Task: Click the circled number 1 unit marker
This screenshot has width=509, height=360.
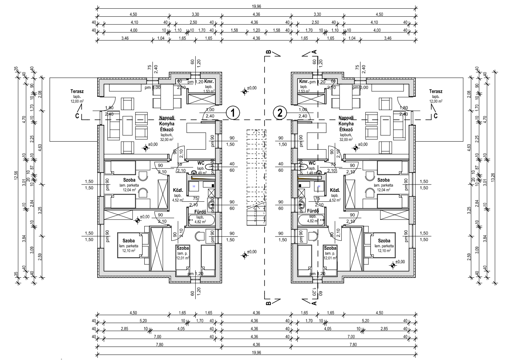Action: (233, 112)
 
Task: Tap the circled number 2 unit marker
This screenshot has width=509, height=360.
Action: (280, 112)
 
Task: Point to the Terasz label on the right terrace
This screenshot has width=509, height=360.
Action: (435, 91)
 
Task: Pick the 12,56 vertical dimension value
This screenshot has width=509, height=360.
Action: (16, 176)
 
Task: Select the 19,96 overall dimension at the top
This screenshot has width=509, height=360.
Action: (257, 6)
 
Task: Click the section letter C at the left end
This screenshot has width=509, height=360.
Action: (77, 116)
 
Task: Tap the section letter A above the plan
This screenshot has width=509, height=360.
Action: (314, 52)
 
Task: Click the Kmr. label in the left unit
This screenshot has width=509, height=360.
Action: (209, 82)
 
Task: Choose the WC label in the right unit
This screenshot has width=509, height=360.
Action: (312, 163)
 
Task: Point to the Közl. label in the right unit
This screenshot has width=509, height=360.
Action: (335, 190)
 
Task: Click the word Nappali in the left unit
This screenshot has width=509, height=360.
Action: (167, 118)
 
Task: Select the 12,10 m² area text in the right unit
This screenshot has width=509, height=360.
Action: (384, 251)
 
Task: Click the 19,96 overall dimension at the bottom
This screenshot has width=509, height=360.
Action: (257, 353)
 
